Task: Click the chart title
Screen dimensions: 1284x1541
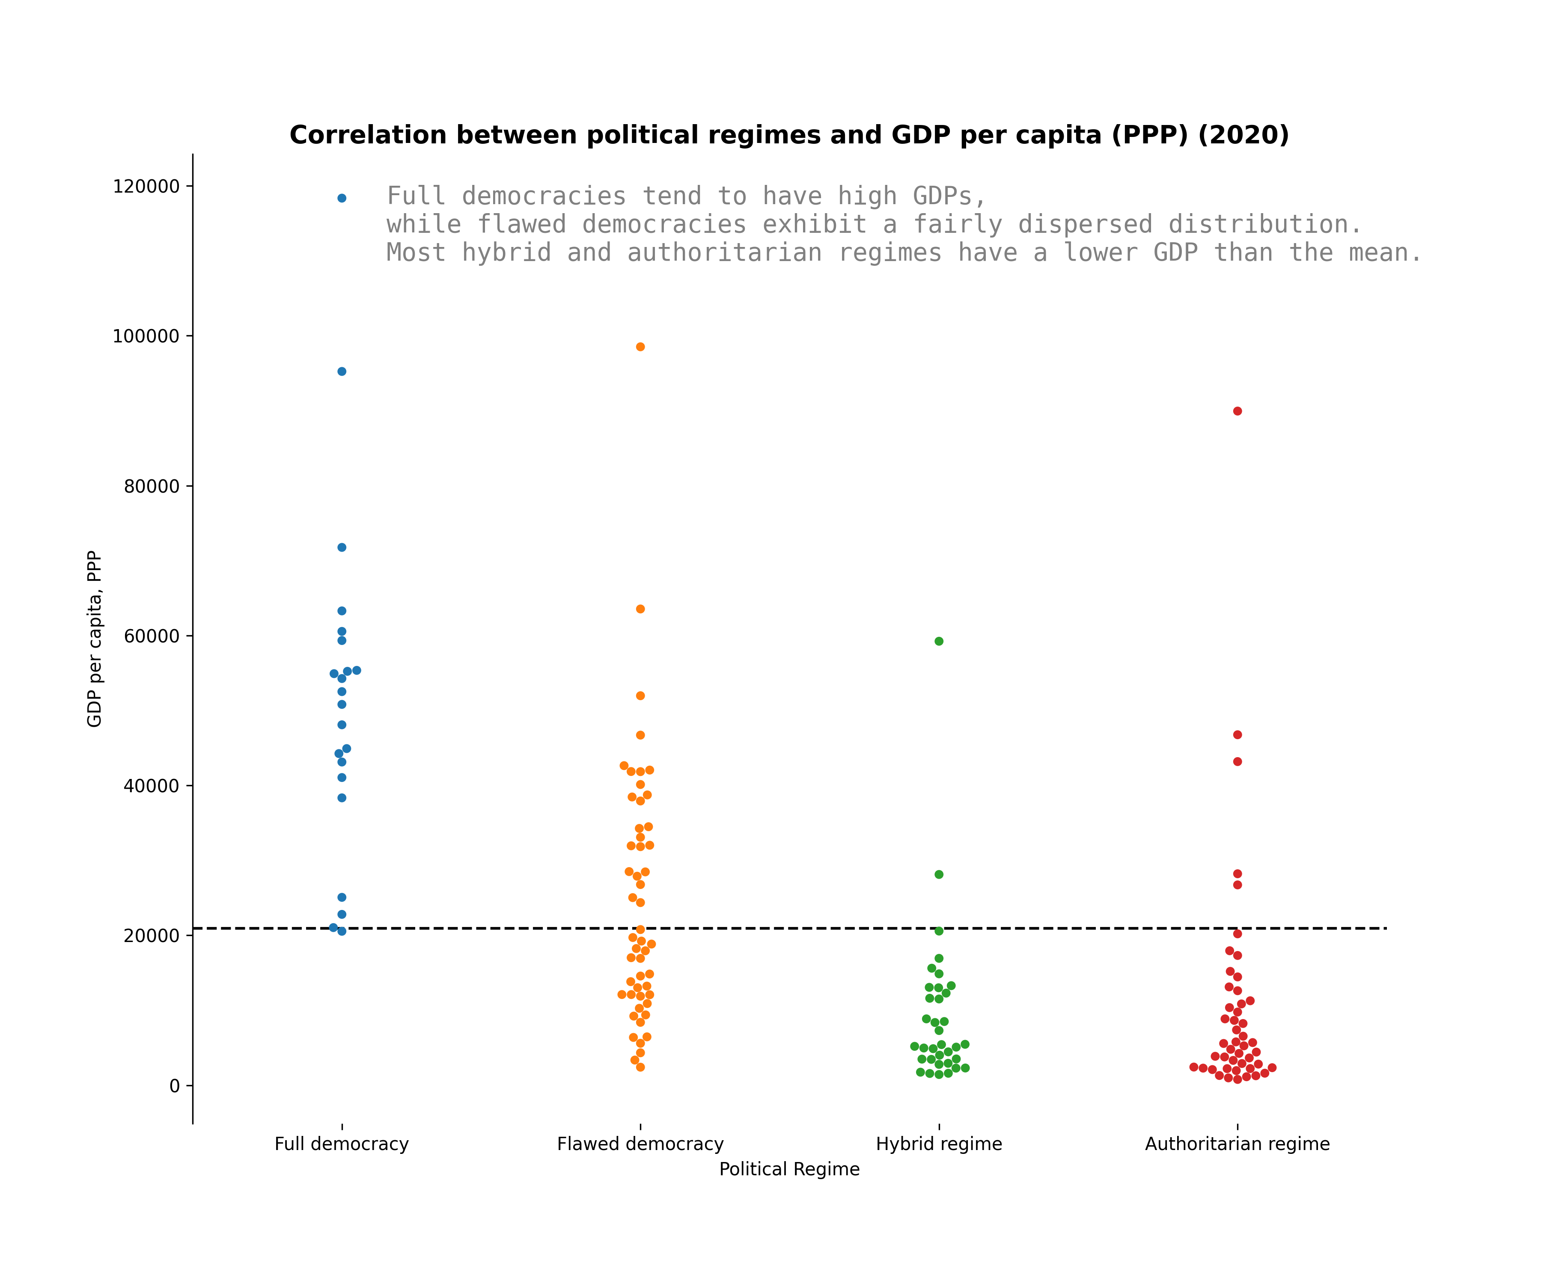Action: tap(789, 135)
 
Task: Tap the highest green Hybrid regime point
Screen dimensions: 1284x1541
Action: tap(939, 641)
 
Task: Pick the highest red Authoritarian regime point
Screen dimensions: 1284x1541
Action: tap(1237, 411)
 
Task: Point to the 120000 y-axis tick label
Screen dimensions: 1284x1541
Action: tap(146, 186)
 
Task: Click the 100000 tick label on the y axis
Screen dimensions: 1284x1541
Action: tap(146, 336)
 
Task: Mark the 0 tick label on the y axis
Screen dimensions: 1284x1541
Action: tap(175, 1086)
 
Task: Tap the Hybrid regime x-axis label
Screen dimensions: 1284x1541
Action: tap(939, 1144)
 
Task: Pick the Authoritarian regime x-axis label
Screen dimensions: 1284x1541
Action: tap(1237, 1144)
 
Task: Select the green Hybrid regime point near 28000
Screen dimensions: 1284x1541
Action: tap(939, 874)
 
